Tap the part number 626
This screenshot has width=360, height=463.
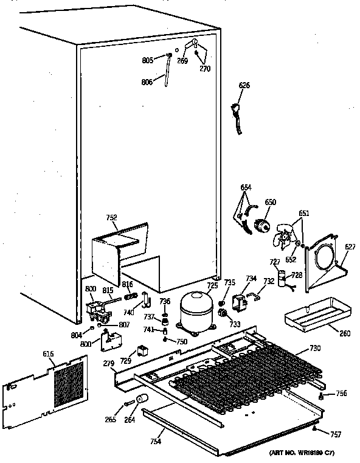[x=244, y=85]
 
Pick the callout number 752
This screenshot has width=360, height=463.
[x=111, y=217]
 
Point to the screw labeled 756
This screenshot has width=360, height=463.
[x=320, y=397]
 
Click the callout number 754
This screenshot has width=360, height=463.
[x=157, y=440]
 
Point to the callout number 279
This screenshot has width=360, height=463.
[x=109, y=363]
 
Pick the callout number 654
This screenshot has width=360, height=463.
[x=246, y=188]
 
